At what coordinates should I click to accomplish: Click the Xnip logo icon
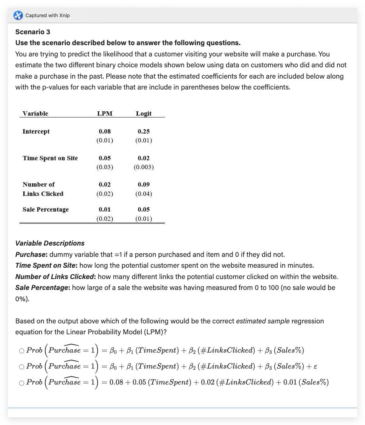[x=18, y=15]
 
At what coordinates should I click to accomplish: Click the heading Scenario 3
[x=33, y=32]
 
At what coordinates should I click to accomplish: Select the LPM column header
[x=104, y=113]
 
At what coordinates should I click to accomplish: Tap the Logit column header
[x=143, y=113]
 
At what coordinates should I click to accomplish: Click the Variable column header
[x=35, y=113]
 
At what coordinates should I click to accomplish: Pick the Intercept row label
[x=36, y=132]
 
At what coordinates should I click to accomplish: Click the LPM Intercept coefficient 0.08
[x=104, y=132]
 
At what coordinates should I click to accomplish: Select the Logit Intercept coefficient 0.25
[x=143, y=132]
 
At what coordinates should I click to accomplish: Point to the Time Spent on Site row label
[x=50, y=158]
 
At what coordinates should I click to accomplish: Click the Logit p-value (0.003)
[x=143, y=167]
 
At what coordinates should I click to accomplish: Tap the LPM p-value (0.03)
[x=104, y=167]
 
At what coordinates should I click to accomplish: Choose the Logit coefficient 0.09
[x=143, y=184]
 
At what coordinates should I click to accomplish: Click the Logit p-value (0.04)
[x=143, y=194]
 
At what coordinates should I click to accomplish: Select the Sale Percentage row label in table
[x=46, y=209]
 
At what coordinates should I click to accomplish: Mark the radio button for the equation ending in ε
[x=21, y=367]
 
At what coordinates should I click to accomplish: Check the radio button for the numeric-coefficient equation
[x=21, y=383]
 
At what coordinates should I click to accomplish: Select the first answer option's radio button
[x=21, y=351]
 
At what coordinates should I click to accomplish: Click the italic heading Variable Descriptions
[x=50, y=243]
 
